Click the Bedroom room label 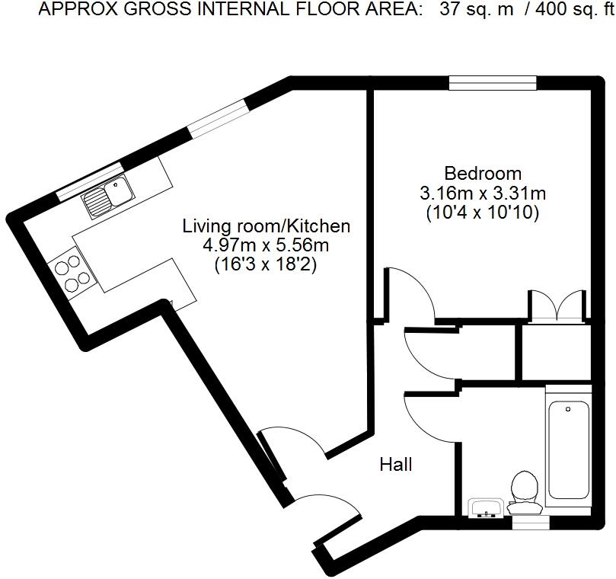coord(483,174)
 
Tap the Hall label coord(396,464)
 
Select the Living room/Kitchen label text coord(266,226)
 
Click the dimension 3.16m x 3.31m coord(483,194)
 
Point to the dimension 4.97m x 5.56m coord(266,245)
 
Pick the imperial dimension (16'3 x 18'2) coord(266,265)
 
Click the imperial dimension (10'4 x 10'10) coord(483,213)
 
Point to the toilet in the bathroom coord(525,490)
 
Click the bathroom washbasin coord(485,508)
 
